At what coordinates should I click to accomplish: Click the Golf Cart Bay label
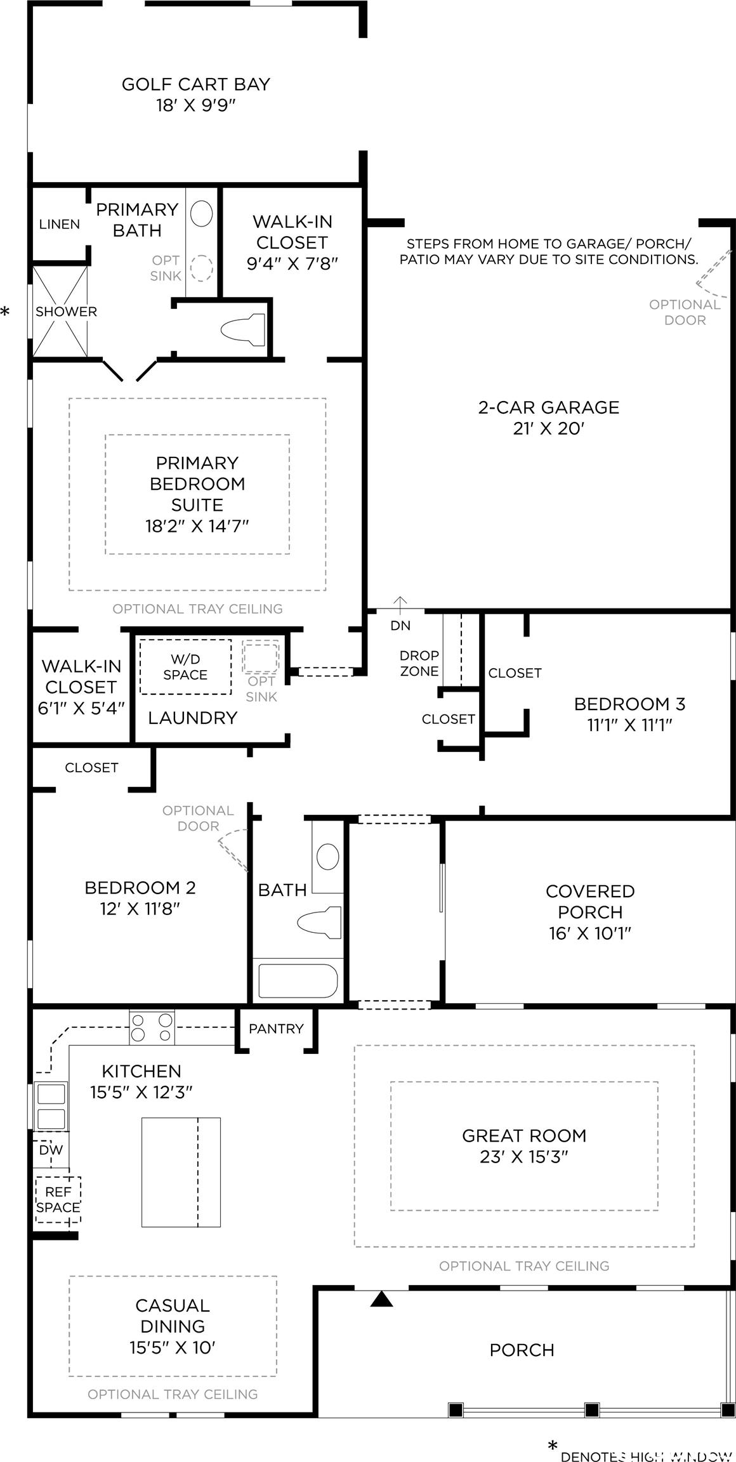coord(196,84)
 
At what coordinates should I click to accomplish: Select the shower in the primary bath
coord(60,312)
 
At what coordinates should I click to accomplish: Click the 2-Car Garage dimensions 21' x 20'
coord(548,428)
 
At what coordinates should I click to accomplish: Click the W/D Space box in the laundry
coord(185,667)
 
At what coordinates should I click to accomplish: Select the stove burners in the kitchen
coord(152,1027)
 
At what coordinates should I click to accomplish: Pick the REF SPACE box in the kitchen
coord(58,1200)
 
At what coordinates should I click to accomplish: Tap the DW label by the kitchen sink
coord(51,1150)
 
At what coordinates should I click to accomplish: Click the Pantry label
coord(276,1028)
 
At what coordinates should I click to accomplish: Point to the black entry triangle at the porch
coord(381,1299)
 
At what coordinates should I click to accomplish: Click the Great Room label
coord(524,1135)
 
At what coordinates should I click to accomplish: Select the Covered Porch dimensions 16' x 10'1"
coord(590,933)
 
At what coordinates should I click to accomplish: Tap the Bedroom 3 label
coord(630,704)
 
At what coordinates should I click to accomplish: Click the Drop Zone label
coord(419,663)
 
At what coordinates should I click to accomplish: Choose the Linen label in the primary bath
coord(60,224)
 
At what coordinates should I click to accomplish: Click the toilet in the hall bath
coord(319,922)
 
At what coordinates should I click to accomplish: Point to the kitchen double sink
coord(51,1105)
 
